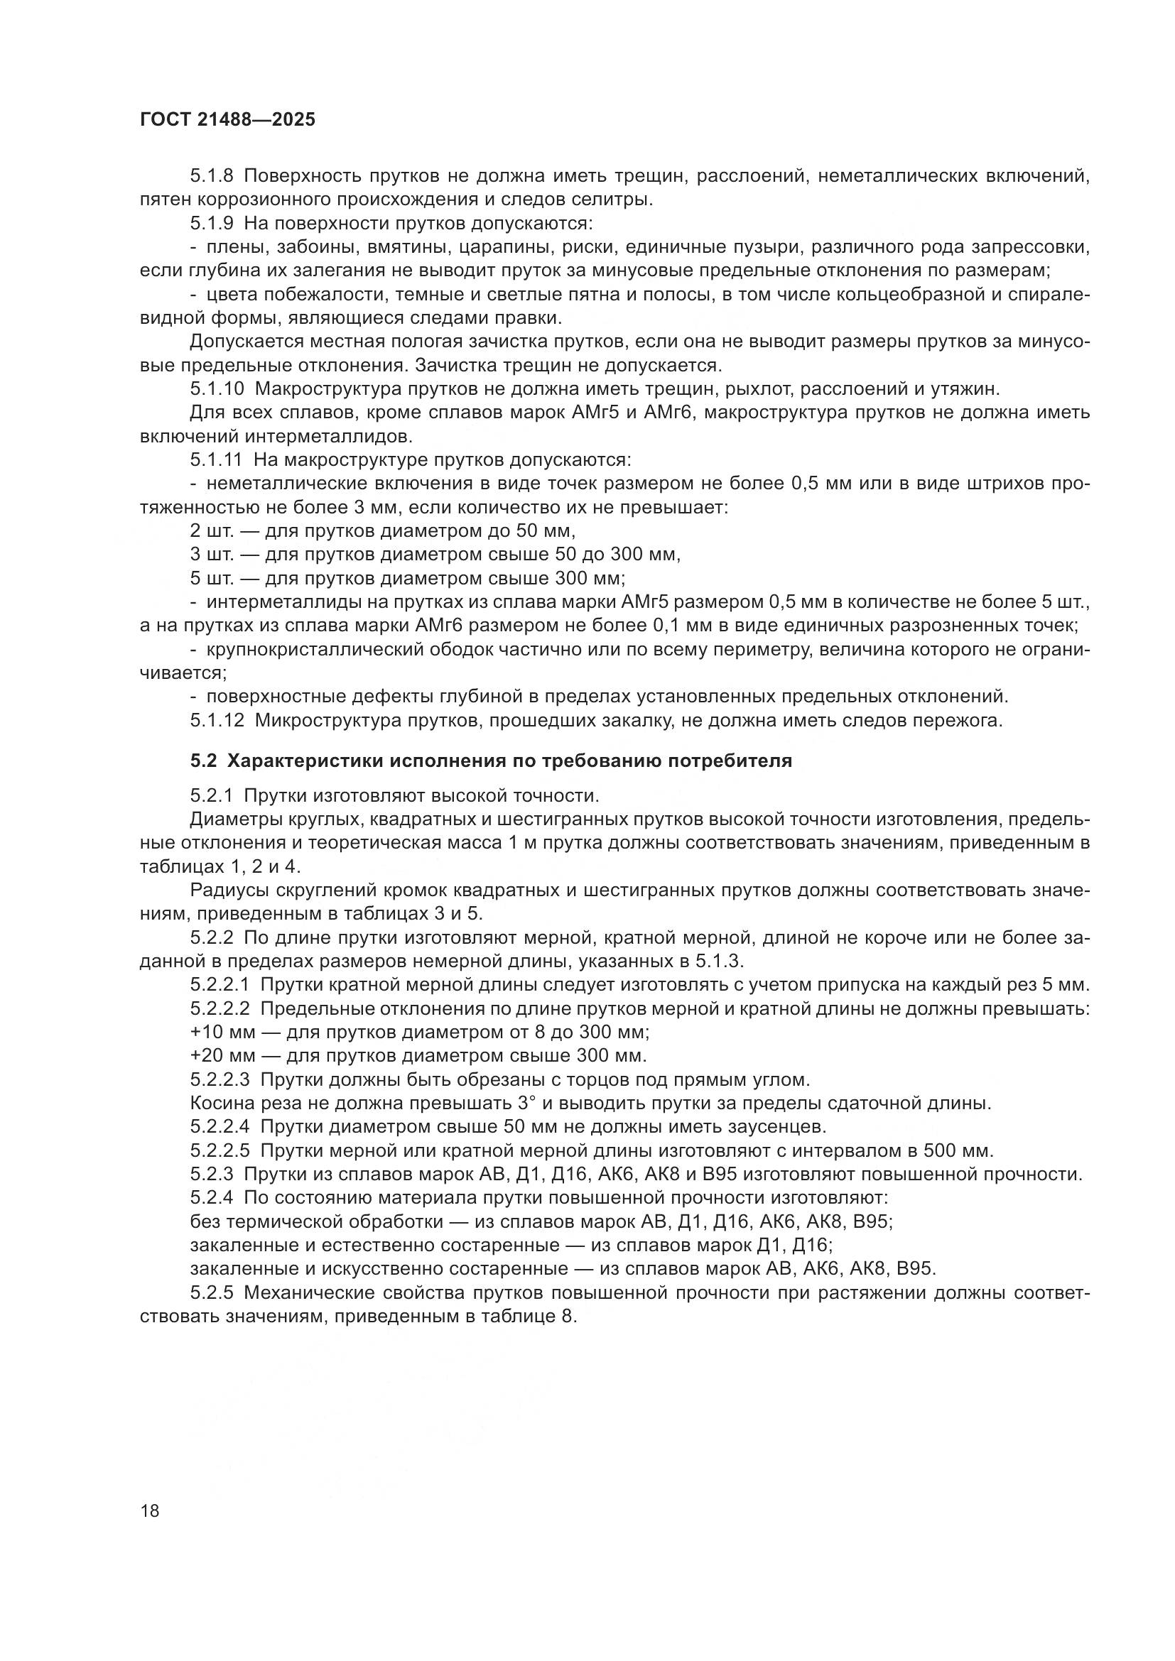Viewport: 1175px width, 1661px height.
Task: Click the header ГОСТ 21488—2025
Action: [x=227, y=120]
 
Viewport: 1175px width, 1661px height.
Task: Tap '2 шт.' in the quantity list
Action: [x=210, y=531]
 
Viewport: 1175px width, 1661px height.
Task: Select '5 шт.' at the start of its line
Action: [x=210, y=579]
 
